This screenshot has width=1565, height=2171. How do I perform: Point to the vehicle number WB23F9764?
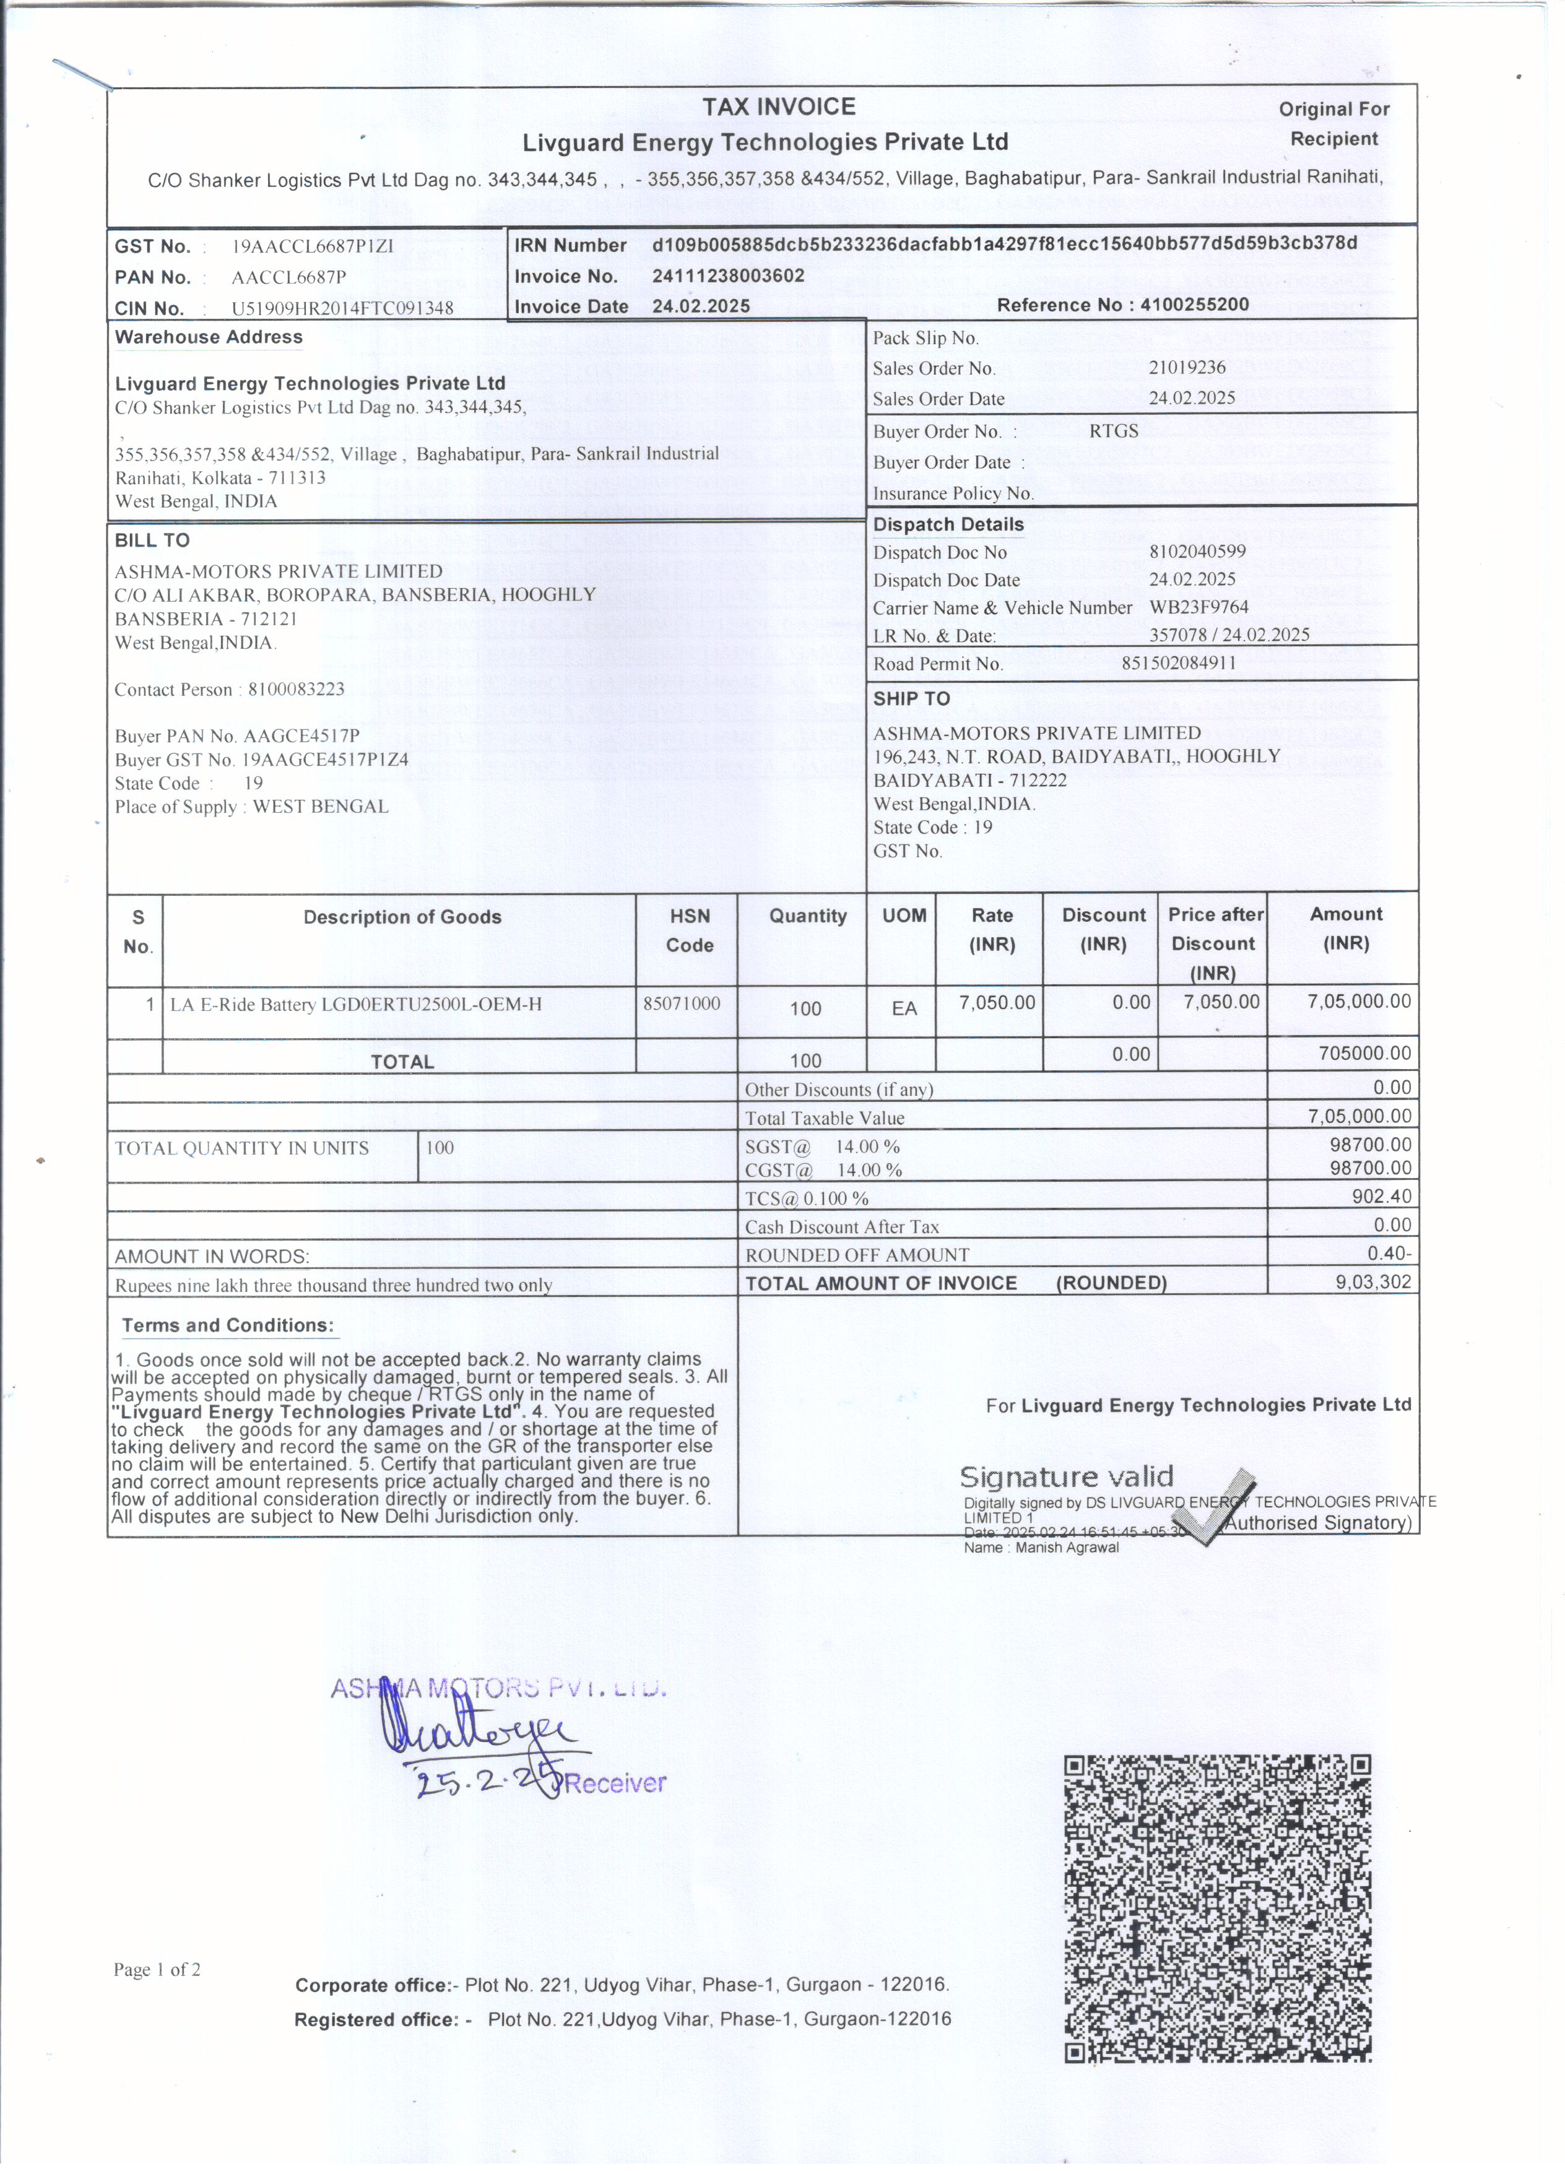pyautogui.click(x=1199, y=607)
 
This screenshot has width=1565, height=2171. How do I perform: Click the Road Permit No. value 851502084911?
pyautogui.click(x=1178, y=662)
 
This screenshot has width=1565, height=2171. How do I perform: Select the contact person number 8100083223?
pyautogui.click(x=296, y=689)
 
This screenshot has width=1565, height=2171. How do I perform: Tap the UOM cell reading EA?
pyautogui.click(x=904, y=1008)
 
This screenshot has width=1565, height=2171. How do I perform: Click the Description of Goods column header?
pyautogui.click(x=402, y=917)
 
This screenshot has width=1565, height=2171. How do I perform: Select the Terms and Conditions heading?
pyautogui.click(x=228, y=1326)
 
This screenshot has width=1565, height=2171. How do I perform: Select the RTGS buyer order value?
pyautogui.click(x=1113, y=431)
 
